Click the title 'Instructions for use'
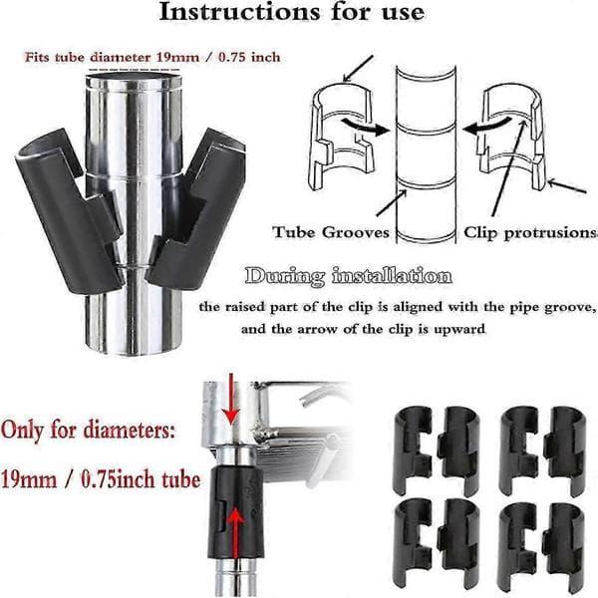tap(292, 12)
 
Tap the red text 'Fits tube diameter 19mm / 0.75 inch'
tap(152, 57)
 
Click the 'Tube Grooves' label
tap(331, 232)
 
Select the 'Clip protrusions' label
tap(530, 232)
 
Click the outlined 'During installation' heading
tap(349, 276)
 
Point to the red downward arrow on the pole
tap(231, 399)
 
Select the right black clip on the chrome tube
tap(196, 209)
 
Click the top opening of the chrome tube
tap(134, 80)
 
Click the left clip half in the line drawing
tap(341, 136)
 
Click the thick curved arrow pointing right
tap(365, 127)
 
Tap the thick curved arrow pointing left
tap(486, 126)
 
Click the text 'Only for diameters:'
tap(88, 431)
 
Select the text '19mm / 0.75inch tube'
tap(101, 478)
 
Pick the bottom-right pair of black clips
tap(541, 546)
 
